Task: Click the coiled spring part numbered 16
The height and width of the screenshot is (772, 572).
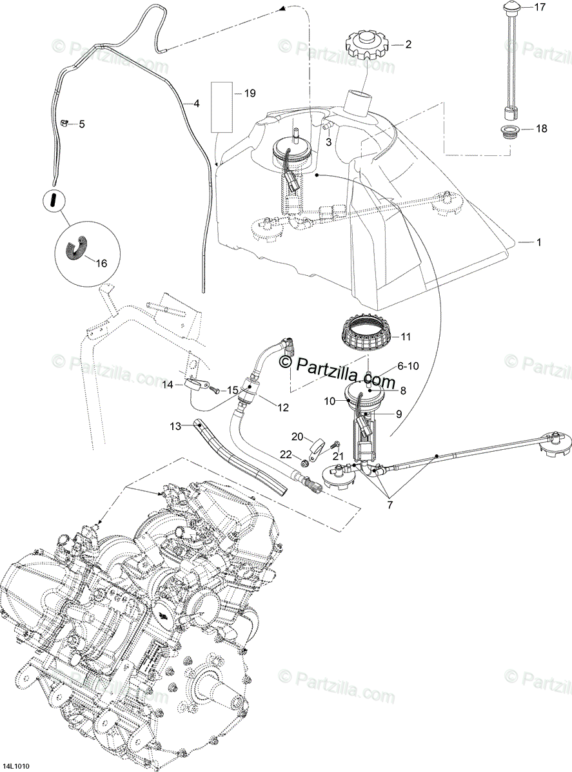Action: pyautogui.click(x=79, y=248)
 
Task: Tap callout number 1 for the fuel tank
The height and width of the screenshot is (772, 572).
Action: pyautogui.click(x=539, y=242)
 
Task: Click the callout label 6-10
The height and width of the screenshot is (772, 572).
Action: pyautogui.click(x=409, y=365)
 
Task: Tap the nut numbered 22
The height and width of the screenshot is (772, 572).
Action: pyautogui.click(x=303, y=463)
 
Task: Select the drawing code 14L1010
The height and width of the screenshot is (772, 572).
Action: pyautogui.click(x=17, y=766)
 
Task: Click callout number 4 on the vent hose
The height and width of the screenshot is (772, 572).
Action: pyautogui.click(x=196, y=103)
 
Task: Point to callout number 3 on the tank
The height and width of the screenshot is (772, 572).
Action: pyautogui.click(x=328, y=142)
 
